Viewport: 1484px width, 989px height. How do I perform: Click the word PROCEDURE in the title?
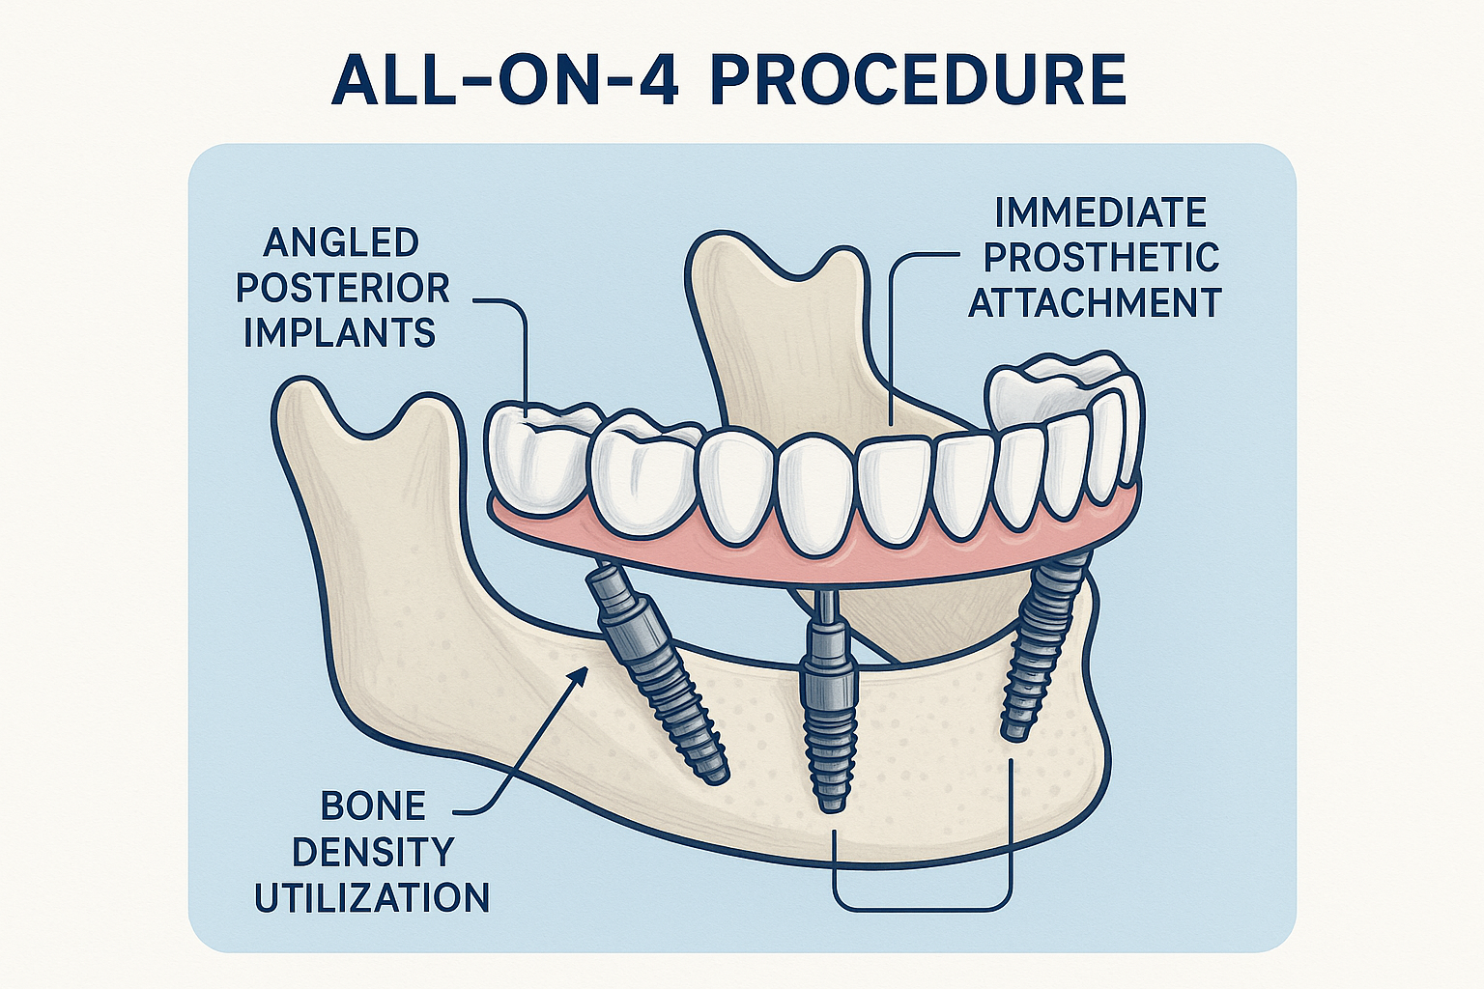pos(918,80)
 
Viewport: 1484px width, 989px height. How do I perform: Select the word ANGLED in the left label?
pos(341,242)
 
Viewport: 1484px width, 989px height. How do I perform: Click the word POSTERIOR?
pos(343,288)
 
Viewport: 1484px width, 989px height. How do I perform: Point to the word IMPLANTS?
pos(340,333)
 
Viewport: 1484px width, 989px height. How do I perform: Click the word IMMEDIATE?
pos(1100,212)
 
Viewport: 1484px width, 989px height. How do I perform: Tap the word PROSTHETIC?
pos(1100,258)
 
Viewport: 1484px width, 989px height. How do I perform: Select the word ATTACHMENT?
pos(1096,303)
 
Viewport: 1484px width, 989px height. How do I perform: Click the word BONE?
pos(373,805)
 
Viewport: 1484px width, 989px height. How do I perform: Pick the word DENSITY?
pos(373,852)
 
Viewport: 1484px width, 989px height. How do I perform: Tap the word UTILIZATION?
pos(372,898)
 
